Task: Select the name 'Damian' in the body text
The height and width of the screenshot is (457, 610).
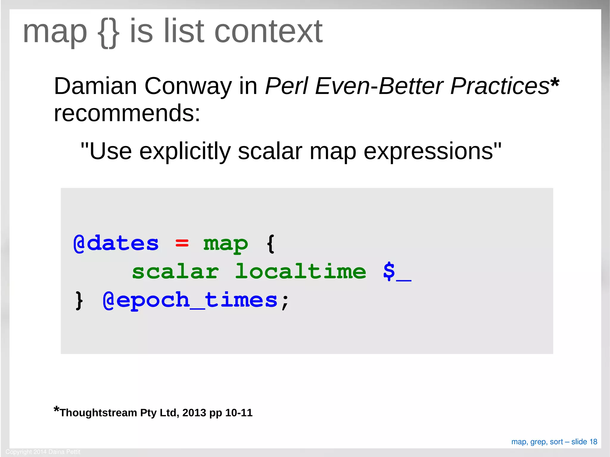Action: (x=95, y=86)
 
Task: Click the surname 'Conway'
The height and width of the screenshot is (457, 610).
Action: (x=188, y=86)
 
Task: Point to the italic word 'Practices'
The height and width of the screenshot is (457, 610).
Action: (x=499, y=86)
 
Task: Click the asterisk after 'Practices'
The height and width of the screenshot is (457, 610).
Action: (x=555, y=82)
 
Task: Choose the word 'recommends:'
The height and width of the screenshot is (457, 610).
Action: (x=127, y=113)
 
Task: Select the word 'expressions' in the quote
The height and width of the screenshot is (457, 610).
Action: (x=428, y=151)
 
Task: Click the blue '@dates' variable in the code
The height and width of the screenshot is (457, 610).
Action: (x=116, y=244)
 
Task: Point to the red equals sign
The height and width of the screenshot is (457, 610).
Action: (x=182, y=244)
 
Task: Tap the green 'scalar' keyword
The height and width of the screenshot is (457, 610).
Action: (x=175, y=272)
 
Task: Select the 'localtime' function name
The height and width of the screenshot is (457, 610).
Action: (x=301, y=272)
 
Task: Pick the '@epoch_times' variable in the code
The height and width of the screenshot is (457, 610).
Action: (x=190, y=300)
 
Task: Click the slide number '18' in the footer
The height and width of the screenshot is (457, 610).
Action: (x=593, y=442)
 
